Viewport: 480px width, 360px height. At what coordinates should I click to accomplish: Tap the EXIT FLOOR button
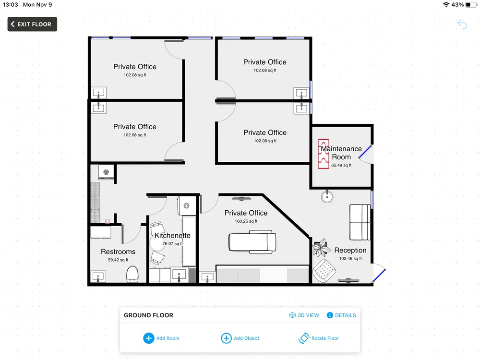(32, 24)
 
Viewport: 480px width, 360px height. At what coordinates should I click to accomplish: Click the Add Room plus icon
(149, 338)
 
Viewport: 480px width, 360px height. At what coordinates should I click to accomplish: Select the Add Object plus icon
(226, 338)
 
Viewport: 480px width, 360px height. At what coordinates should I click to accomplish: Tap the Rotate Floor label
(325, 338)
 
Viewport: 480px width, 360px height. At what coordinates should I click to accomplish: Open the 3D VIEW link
(304, 315)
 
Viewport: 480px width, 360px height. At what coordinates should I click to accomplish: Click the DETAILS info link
(341, 315)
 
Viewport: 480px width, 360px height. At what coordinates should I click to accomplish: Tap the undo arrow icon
(462, 24)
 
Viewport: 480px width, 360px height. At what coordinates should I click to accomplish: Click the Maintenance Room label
(341, 153)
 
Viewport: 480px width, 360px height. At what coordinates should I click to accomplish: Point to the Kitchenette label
(172, 235)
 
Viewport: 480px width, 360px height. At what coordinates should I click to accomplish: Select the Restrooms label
(118, 252)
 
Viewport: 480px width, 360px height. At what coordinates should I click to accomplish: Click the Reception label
(350, 250)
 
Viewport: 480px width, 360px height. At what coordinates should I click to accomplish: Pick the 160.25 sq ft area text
(246, 221)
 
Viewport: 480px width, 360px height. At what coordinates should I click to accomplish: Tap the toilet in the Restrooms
(132, 274)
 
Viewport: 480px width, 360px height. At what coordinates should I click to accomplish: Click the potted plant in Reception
(321, 248)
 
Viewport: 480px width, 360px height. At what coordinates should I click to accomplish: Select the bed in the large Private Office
(252, 242)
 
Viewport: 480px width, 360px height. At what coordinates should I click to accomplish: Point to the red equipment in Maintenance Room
(323, 154)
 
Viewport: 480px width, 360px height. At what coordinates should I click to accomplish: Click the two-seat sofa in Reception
(360, 222)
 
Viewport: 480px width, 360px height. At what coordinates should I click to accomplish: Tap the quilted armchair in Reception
(324, 271)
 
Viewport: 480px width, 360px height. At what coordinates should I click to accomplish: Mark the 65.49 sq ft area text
(341, 165)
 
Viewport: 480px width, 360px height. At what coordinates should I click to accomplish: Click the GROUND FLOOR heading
(148, 315)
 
